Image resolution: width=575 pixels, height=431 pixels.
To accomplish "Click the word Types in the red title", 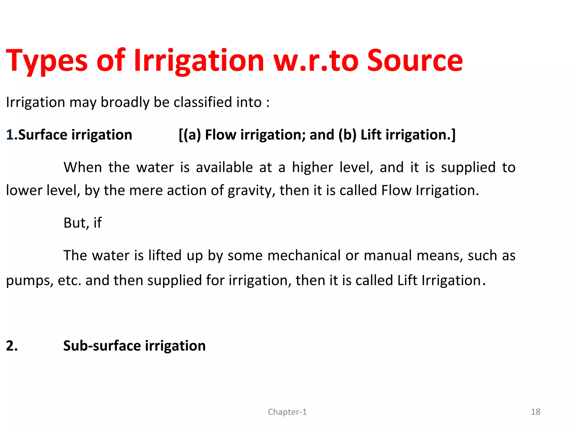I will [47, 61].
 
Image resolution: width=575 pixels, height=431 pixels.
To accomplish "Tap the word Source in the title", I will [415, 61].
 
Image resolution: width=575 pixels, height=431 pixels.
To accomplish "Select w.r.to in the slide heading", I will [316, 61].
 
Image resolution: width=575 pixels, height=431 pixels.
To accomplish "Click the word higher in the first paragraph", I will [312, 167].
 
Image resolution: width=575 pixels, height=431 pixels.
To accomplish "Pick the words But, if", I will [83, 223].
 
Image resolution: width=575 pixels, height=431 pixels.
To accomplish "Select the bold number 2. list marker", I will [12, 346].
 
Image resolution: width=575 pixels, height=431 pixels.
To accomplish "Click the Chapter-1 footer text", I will [287, 412].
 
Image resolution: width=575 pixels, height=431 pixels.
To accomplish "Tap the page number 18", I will [535, 412].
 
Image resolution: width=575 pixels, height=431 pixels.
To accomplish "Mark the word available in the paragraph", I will [224, 167].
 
